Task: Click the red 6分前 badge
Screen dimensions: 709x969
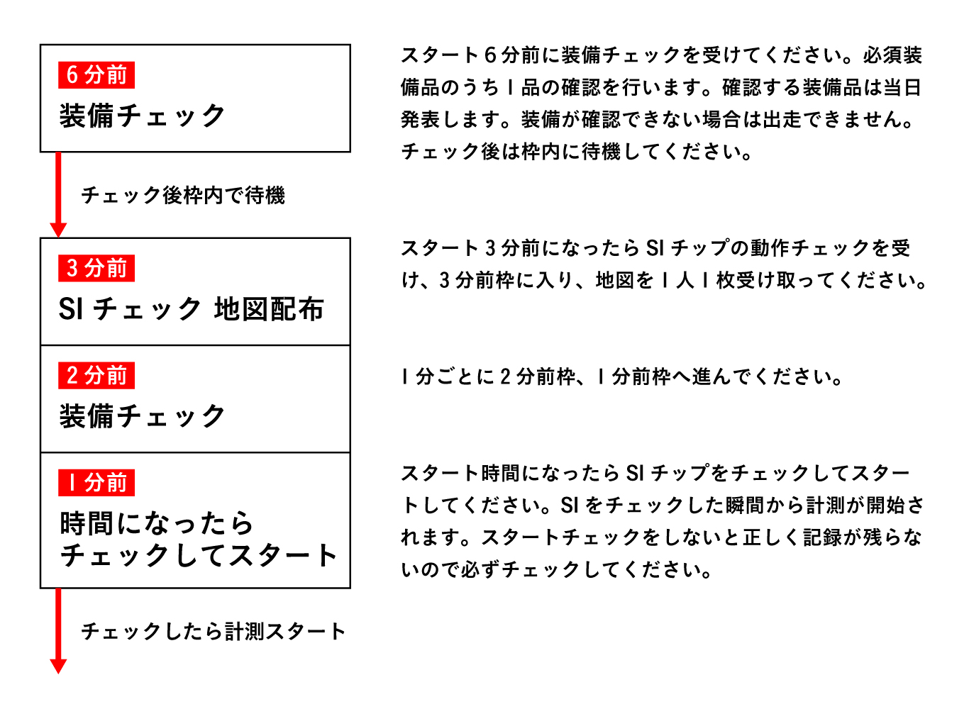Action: click(x=96, y=74)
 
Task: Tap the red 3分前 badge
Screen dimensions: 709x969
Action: click(x=96, y=268)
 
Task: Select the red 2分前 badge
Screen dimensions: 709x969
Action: click(x=96, y=375)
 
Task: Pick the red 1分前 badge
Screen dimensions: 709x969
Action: click(x=96, y=483)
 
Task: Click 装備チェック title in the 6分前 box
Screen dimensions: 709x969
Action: click(x=143, y=116)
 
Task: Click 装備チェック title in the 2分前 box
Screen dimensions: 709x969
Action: click(x=143, y=416)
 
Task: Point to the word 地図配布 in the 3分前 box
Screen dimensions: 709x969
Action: click(x=269, y=309)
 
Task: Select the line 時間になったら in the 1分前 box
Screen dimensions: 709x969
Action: click(x=157, y=523)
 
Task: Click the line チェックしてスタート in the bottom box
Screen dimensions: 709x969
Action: click(x=199, y=556)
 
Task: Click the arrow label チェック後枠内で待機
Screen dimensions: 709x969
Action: click(x=183, y=195)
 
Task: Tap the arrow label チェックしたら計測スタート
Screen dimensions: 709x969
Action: click(x=214, y=631)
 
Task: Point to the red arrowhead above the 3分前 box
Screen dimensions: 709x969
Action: click(x=58, y=230)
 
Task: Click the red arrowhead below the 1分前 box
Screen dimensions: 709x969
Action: click(x=58, y=666)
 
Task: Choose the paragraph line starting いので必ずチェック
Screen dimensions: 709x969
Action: click(x=557, y=569)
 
